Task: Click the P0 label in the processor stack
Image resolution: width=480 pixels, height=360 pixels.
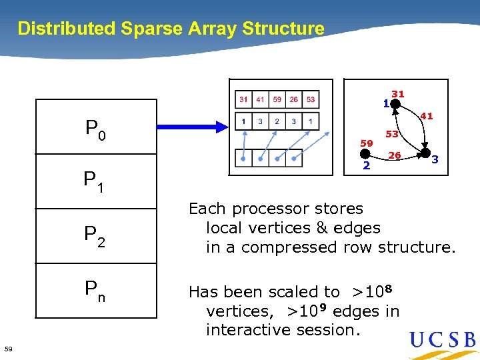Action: [x=95, y=129]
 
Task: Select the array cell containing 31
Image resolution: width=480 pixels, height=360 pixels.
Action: [x=244, y=99]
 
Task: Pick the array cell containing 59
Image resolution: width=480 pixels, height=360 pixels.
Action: [x=277, y=99]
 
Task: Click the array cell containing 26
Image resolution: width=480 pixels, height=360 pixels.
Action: [x=294, y=99]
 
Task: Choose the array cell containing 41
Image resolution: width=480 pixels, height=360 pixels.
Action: [x=261, y=99]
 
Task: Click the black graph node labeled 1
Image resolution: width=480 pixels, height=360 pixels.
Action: [x=395, y=104]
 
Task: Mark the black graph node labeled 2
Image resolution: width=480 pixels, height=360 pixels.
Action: [x=366, y=155]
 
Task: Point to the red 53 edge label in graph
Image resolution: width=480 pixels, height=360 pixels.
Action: [x=392, y=134]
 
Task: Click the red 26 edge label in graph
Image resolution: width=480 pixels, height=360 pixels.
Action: [x=395, y=155]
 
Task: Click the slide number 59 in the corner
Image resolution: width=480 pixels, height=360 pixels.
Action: [x=8, y=349]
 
